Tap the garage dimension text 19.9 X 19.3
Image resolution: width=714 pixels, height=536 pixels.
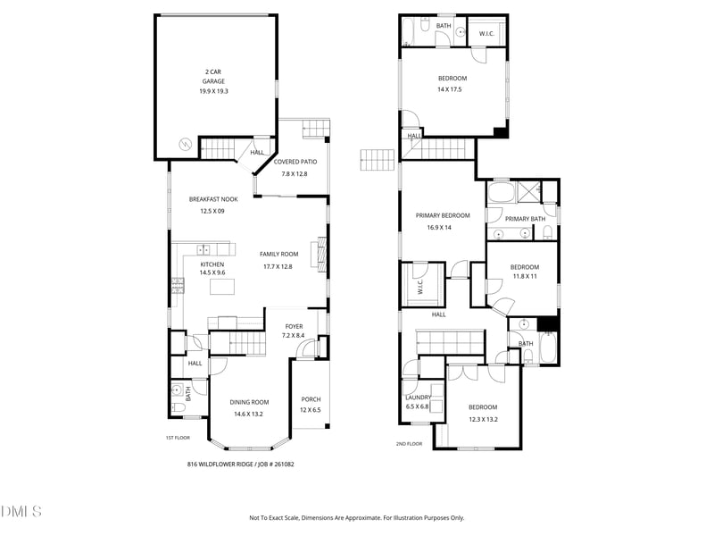pyautogui.click(x=213, y=91)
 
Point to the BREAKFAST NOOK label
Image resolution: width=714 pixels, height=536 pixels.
pyautogui.click(x=212, y=199)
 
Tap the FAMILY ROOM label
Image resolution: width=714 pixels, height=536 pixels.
pyautogui.click(x=278, y=255)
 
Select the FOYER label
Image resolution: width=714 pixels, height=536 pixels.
pyautogui.click(x=294, y=326)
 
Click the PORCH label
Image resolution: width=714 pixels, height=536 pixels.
pyautogui.click(x=311, y=399)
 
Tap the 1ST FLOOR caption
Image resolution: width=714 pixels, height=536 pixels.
pyautogui.click(x=178, y=438)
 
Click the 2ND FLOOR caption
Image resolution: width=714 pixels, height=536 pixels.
pyautogui.click(x=409, y=443)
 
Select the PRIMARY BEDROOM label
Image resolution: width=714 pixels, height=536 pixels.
pyautogui.click(x=442, y=215)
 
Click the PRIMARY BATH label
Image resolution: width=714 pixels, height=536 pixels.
pyautogui.click(x=525, y=219)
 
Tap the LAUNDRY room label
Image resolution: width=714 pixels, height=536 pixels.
pyautogui.click(x=418, y=398)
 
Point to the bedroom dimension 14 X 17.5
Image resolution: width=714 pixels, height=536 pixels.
pyautogui.click(x=451, y=89)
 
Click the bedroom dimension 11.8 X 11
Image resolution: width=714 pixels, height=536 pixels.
pyautogui.click(x=524, y=277)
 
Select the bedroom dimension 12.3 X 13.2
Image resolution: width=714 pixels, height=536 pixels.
pyautogui.click(x=483, y=419)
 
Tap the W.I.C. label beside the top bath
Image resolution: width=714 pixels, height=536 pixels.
pyautogui.click(x=486, y=34)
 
